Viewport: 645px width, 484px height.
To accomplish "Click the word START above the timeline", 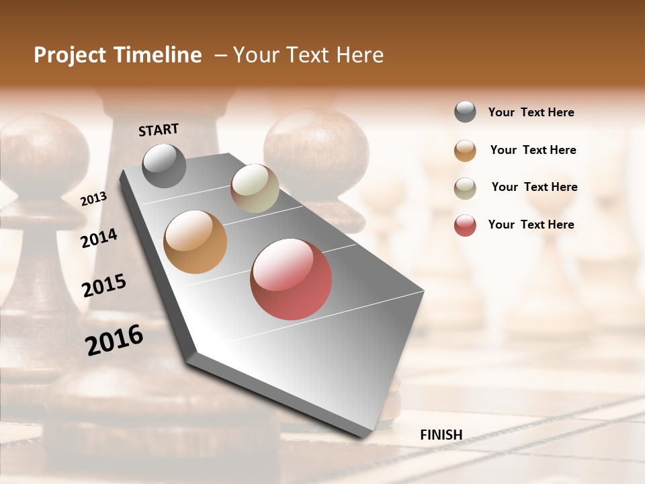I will tap(159, 130).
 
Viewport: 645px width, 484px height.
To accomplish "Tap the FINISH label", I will tap(441, 435).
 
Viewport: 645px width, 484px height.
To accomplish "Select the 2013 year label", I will tap(93, 198).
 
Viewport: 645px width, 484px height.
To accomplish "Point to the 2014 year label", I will tap(99, 238).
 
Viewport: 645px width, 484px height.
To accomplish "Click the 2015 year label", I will tap(104, 286).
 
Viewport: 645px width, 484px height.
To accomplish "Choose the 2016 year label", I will tap(114, 340).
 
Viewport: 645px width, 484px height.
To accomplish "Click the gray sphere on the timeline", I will tap(164, 165).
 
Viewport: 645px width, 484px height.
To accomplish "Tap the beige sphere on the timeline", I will tap(255, 188).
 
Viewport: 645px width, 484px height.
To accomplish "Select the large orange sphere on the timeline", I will tap(195, 241).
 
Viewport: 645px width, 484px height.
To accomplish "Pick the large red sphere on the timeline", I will tap(291, 279).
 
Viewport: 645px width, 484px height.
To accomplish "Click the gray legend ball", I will tap(465, 112).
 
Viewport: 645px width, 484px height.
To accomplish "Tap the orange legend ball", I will tap(465, 151).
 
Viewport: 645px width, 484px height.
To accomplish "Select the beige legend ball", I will tap(465, 188).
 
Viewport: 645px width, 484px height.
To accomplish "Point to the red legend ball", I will tap(465, 225).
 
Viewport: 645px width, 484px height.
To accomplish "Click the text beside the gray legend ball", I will tap(531, 112).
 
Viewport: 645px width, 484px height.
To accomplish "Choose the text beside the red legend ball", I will tap(531, 225).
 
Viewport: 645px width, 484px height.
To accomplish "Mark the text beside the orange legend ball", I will tap(533, 150).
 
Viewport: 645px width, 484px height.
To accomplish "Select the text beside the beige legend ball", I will tap(534, 187).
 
